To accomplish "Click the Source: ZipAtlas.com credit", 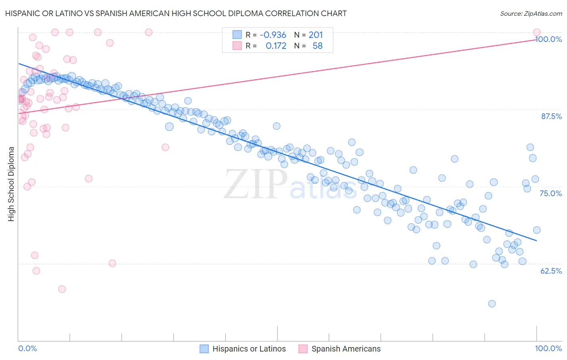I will tap(531, 13).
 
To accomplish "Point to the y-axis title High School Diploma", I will tap(11, 184).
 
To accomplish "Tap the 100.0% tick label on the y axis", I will tap(548, 39).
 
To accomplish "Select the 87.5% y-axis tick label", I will tap(551, 116).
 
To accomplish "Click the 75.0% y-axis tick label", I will tap(550, 193).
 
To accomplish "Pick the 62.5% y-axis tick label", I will tap(551, 271).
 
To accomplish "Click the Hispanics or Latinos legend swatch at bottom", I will tap(204, 349).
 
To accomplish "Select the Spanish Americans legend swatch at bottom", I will tap(303, 349).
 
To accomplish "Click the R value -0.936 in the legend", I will tap(273, 35).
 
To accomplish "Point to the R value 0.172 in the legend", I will tap(276, 46).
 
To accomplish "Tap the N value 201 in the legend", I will tap(316, 35).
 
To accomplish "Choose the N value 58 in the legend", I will tap(317, 46).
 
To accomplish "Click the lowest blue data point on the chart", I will tap(492, 303).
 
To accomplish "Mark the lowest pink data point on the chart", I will tap(62, 289).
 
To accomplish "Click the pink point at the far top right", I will tap(536, 32).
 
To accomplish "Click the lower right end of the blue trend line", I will tap(536, 241).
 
